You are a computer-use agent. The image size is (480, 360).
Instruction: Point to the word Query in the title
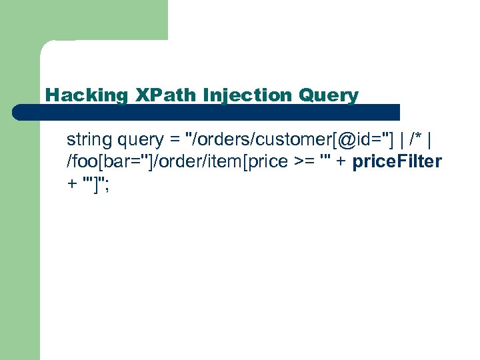[329, 95]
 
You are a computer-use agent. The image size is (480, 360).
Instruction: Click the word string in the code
[89, 140]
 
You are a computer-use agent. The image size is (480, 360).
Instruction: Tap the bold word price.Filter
[397, 161]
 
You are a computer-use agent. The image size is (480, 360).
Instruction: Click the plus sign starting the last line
[71, 184]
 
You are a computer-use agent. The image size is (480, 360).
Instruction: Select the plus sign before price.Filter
[340, 162]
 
